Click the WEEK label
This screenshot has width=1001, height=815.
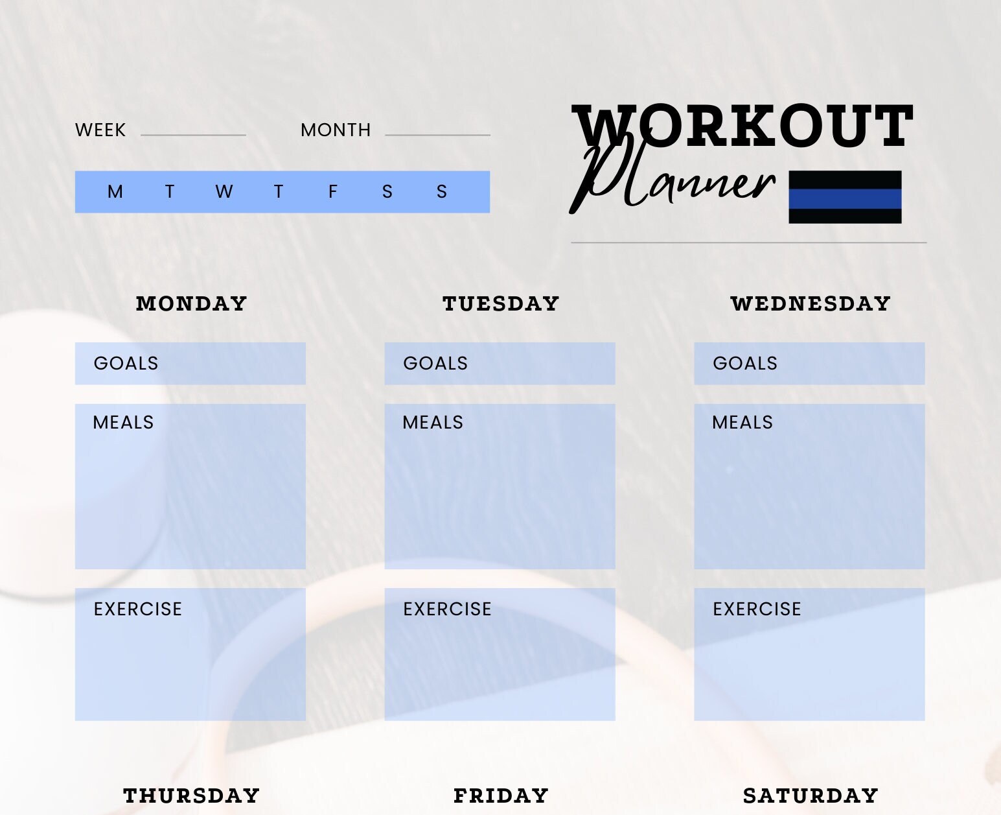[100, 130]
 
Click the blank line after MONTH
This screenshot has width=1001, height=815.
[437, 134]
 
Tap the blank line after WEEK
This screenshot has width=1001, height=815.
[193, 134]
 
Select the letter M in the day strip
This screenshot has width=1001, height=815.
[115, 192]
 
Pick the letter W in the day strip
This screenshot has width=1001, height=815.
[224, 192]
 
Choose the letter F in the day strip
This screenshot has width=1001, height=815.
[333, 192]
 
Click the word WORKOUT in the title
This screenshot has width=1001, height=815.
[742, 126]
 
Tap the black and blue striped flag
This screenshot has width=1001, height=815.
[845, 197]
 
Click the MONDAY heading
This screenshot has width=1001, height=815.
[192, 303]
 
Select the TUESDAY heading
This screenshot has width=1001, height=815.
[501, 303]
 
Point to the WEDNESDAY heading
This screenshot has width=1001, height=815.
[811, 303]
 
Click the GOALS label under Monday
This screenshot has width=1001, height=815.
[126, 363]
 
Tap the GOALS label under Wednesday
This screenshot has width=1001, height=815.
[745, 363]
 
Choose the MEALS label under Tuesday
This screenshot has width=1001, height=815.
[433, 423]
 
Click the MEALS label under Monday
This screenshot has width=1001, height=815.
[123, 423]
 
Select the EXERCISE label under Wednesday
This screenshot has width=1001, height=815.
[757, 609]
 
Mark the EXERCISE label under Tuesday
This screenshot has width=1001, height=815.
[447, 609]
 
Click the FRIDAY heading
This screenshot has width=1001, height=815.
[501, 796]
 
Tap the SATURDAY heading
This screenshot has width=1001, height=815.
[811, 796]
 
